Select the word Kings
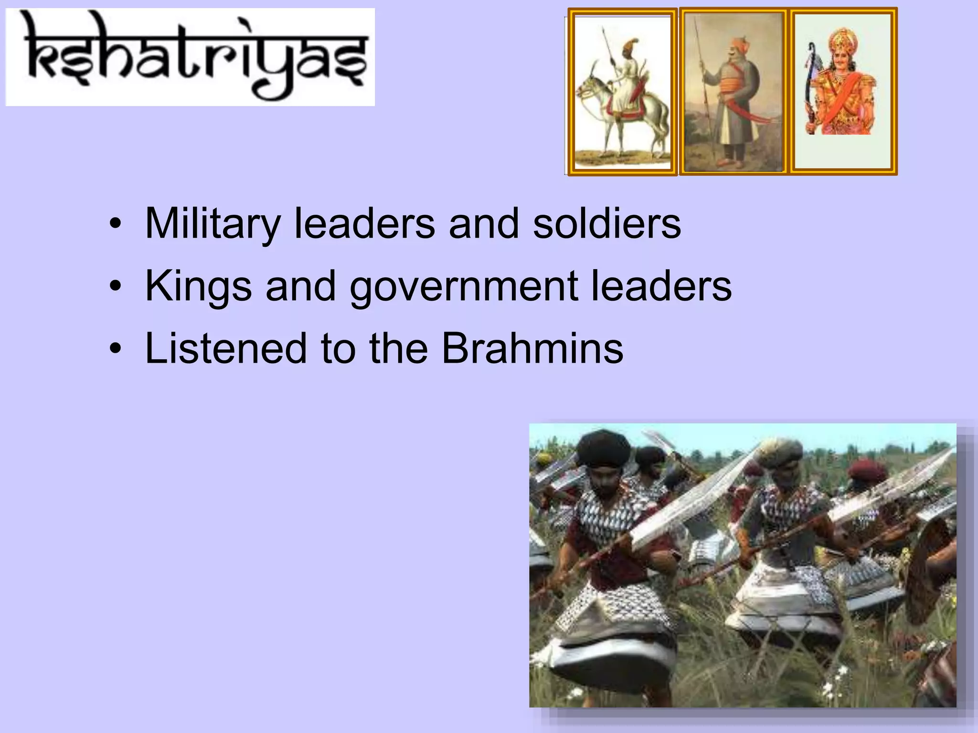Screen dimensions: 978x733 click(198, 286)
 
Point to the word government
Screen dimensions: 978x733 click(464, 286)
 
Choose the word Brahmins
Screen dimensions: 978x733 click(532, 348)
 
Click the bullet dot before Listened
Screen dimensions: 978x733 click(115, 348)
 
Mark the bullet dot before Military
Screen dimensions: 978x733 click(115, 223)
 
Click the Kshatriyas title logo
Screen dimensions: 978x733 click(190, 57)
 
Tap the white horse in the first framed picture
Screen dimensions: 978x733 click(621, 115)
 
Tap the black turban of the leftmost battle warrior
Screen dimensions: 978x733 click(603, 449)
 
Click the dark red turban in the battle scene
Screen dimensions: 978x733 click(867, 470)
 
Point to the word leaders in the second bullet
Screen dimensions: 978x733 click(661, 286)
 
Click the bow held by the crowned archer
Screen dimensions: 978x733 click(810, 86)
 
